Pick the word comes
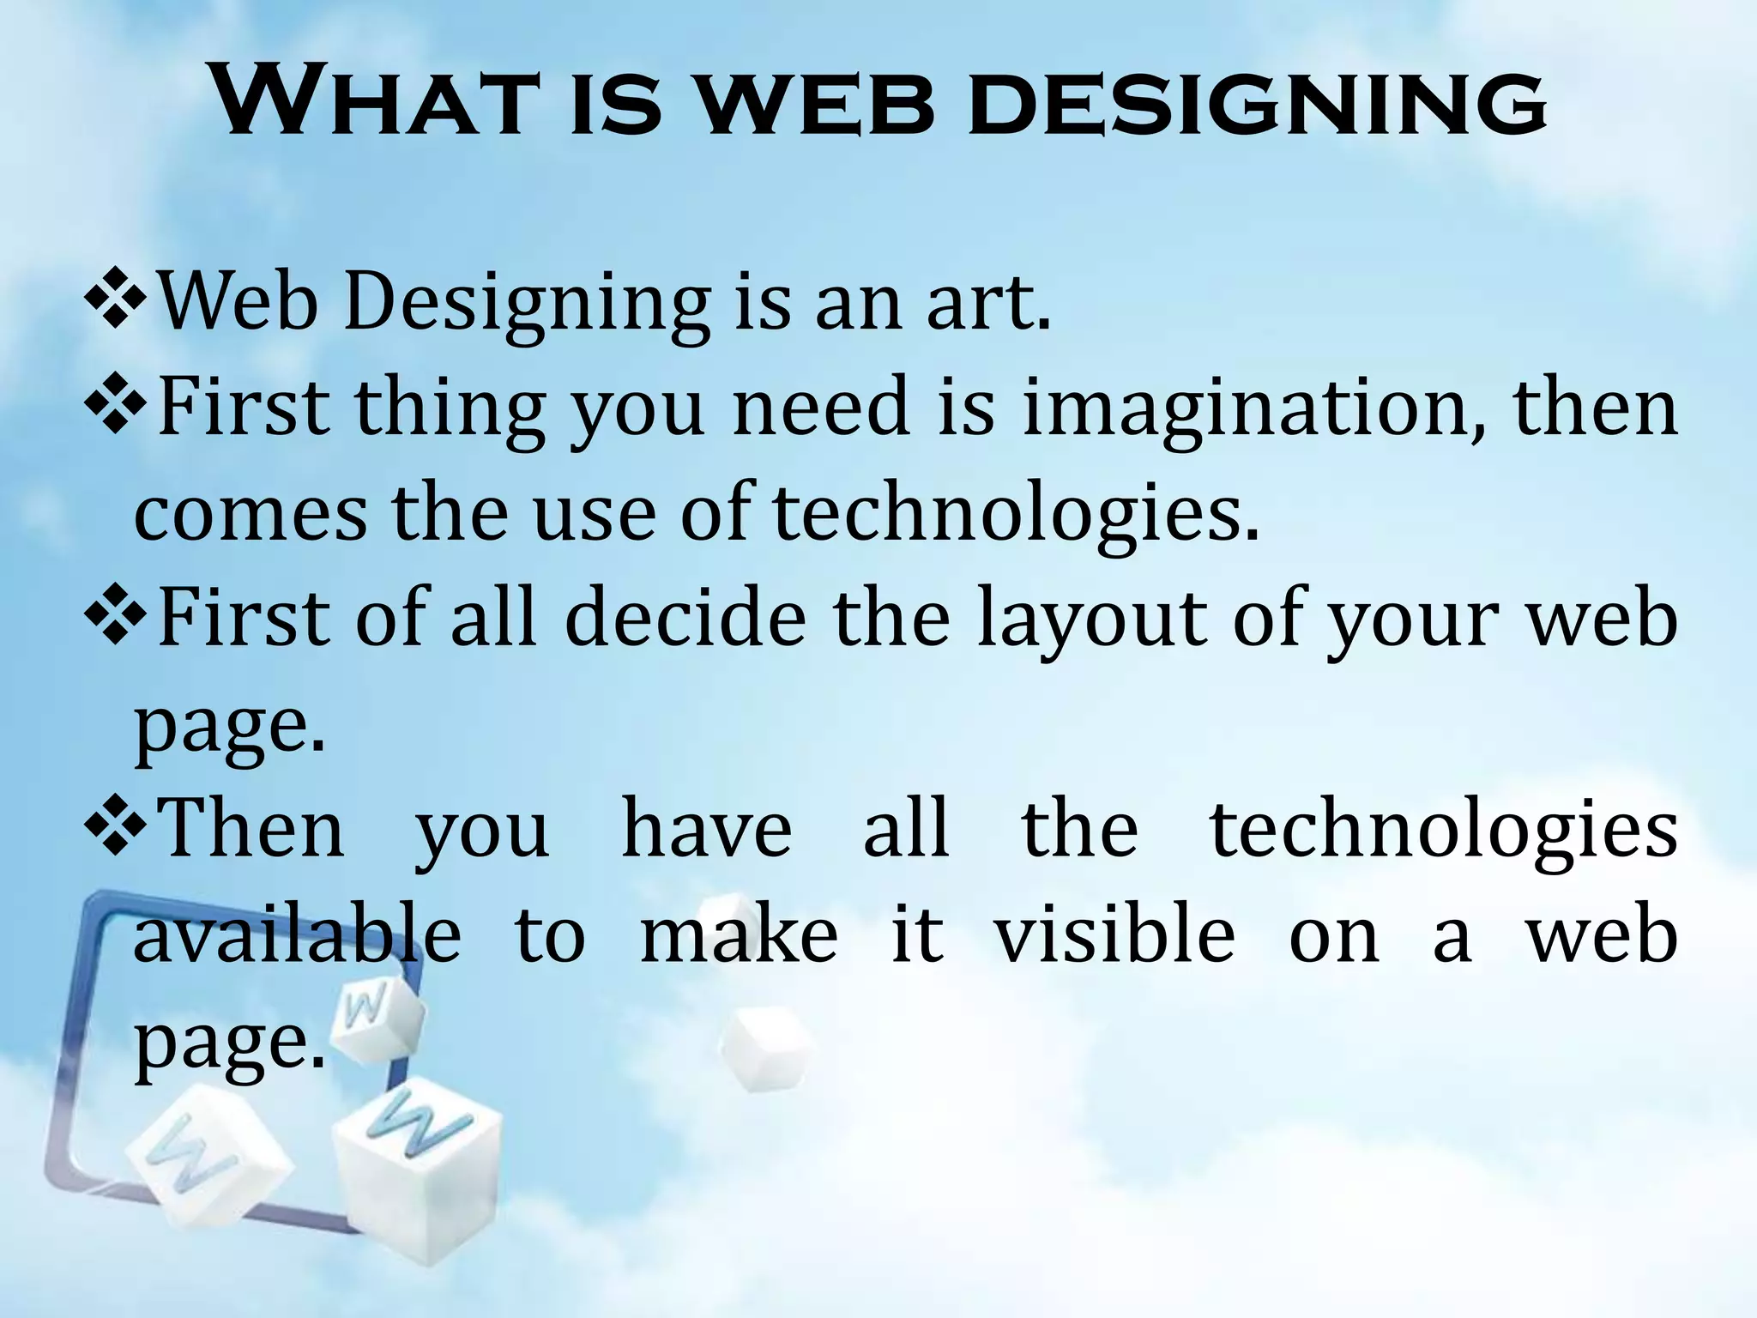click(250, 515)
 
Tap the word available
click(297, 934)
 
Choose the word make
click(739, 934)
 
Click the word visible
click(1114, 934)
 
